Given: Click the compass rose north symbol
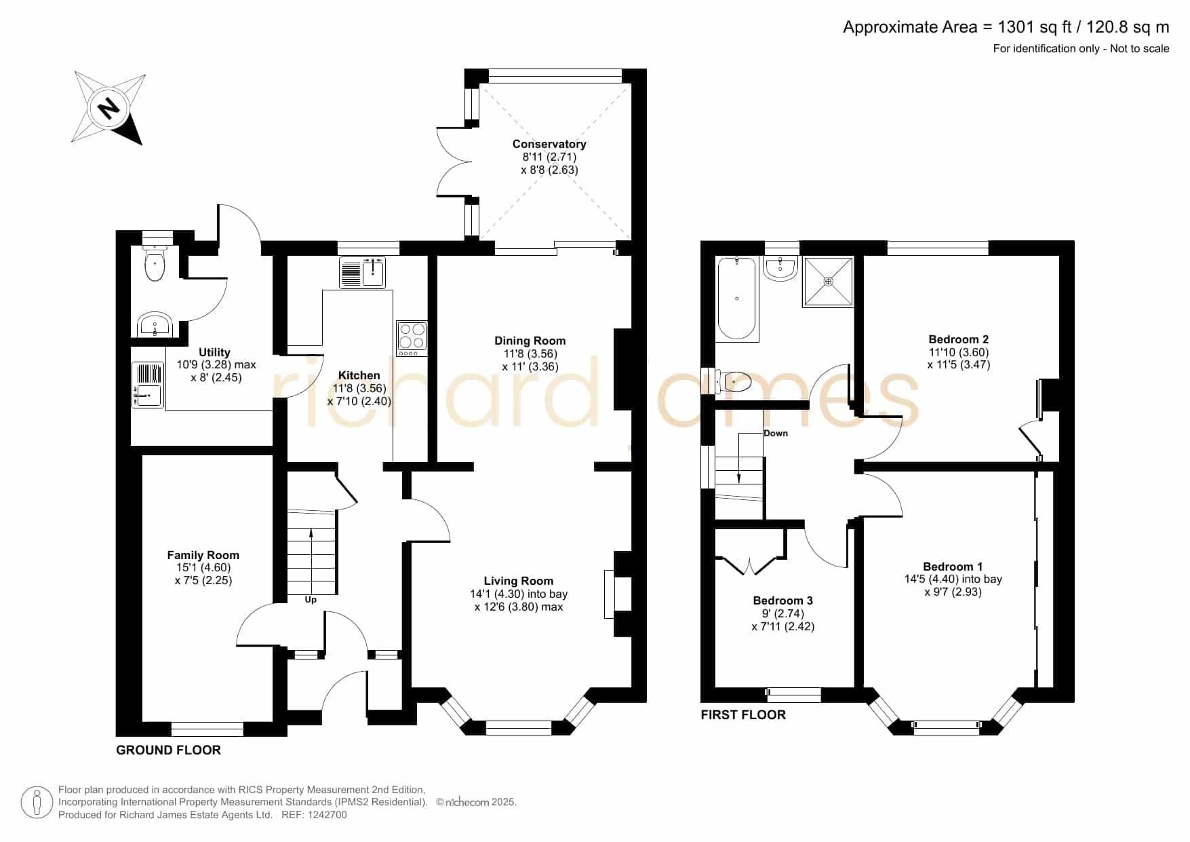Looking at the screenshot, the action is (108, 109).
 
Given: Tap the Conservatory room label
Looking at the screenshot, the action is (549, 144).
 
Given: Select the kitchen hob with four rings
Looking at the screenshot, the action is (412, 338).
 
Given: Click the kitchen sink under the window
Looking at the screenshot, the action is (362, 272).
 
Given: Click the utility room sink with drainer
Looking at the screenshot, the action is (148, 385).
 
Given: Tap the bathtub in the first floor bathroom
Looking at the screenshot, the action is (737, 299).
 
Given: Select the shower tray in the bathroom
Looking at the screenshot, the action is (828, 281).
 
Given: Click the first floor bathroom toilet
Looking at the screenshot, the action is (732, 382).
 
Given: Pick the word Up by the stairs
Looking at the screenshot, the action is (311, 600).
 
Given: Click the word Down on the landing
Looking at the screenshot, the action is (776, 433).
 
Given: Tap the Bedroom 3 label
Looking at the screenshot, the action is (783, 600).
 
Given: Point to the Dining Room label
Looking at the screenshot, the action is (530, 341).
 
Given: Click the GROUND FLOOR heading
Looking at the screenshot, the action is (168, 750).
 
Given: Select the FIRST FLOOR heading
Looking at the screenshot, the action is (743, 714).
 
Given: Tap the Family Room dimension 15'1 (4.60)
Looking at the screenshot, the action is (203, 568).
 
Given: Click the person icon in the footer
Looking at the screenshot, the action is (37, 803).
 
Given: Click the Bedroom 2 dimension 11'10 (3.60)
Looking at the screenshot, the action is (959, 352).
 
